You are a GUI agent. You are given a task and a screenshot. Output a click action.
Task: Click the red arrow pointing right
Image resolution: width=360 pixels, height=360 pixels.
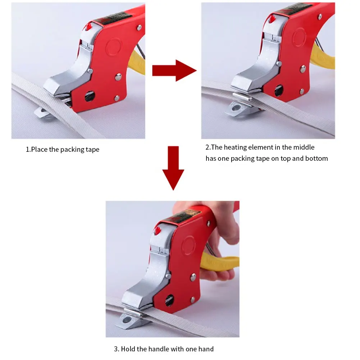pyautogui.click(x=174, y=70)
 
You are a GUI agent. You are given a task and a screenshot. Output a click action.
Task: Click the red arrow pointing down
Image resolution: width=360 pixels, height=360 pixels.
pyautogui.click(x=173, y=168)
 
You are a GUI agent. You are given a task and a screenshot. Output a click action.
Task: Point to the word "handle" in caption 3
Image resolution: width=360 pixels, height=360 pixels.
pyautogui.click(x=159, y=349)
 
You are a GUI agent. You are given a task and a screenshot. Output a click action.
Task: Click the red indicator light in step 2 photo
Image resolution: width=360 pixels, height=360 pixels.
pyautogui.click(x=272, y=19)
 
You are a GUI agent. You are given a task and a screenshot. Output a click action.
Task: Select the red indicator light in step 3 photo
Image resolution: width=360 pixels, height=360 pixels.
pyautogui.click(x=158, y=231)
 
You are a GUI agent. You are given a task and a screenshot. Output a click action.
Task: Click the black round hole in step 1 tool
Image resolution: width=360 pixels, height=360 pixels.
pyautogui.click(x=90, y=96)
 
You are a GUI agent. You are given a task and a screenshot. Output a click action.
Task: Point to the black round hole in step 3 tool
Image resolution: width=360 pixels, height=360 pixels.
pyautogui.click(x=169, y=300)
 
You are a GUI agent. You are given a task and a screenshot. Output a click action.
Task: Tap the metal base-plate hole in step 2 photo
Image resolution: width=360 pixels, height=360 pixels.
pyautogui.click(x=236, y=108)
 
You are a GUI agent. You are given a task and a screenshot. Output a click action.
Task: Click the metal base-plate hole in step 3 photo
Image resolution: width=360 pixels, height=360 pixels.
pyautogui.click(x=127, y=319)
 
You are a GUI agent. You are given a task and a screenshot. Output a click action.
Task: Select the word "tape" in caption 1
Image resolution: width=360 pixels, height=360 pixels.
pyautogui.click(x=92, y=150)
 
